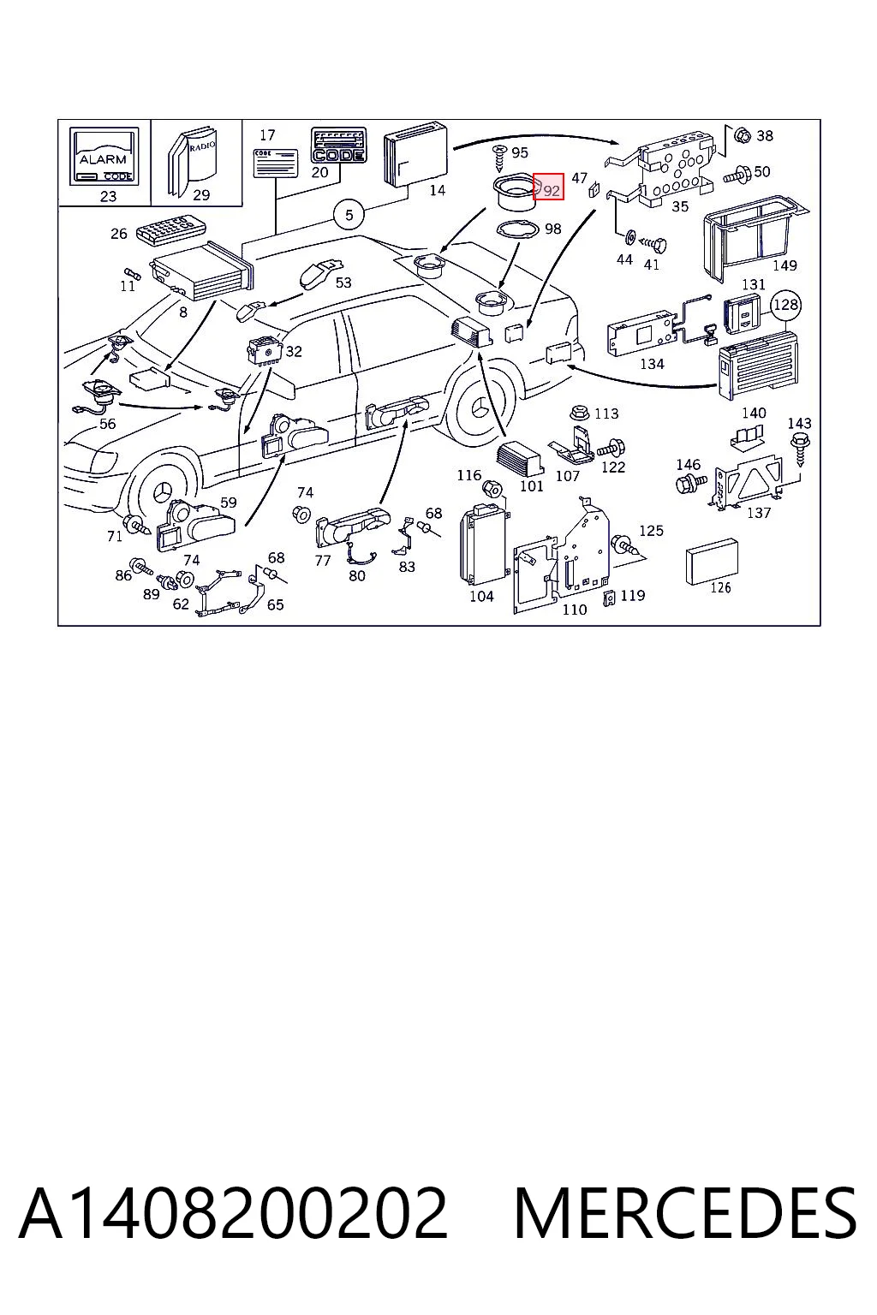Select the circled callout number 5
(x=349, y=215)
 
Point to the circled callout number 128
(x=785, y=305)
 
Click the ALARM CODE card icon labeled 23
(x=104, y=157)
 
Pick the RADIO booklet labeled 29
(x=192, y=161)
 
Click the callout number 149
(x=785, y=265)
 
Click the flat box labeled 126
(x=712, y=562)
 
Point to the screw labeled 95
(x=500, y=156)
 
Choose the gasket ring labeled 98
(x=517, y=229)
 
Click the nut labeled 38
(x=743, y=135)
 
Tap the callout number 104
(x=481, y=597)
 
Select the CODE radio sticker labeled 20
(x=338, y=145)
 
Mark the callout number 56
(x=108, y=424)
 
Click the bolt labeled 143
(x=799, y=449)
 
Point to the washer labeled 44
(x=629, y=238)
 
